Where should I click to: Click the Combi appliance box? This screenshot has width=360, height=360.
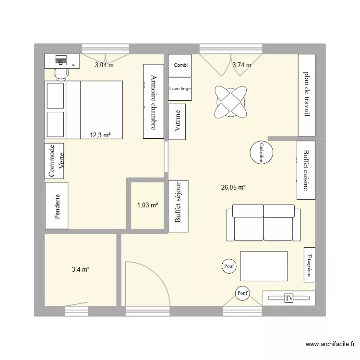[180, 65]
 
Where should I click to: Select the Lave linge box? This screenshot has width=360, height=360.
[180, 89]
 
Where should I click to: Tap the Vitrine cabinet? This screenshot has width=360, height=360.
[178, 121]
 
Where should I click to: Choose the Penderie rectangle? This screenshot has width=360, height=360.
[58, 206]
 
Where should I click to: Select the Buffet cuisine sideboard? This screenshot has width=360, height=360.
[306, 170]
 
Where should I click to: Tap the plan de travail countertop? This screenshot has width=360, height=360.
[306, 95]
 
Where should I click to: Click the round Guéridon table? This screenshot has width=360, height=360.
[262, 154]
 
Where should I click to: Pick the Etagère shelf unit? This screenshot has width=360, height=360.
[309, 265]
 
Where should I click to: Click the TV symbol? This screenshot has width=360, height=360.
[289, 298]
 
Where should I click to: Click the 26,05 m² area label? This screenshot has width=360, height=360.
[234, 188]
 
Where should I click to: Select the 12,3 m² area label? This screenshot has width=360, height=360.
[100, 135]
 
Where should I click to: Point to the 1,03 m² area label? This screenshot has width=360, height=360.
[147, 205]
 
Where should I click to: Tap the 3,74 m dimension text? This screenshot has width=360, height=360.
[242, 65]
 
